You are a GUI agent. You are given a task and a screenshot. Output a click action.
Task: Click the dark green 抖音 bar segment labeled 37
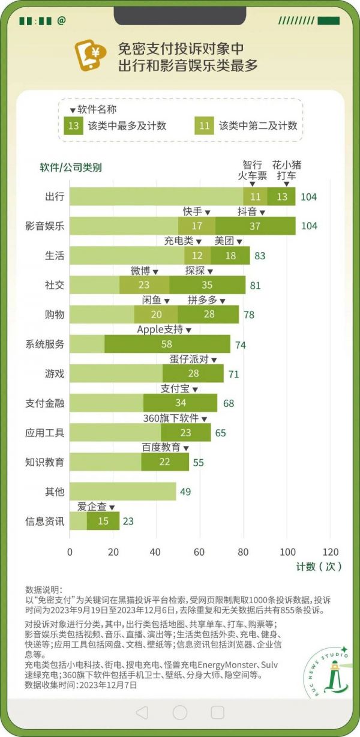(255, 226)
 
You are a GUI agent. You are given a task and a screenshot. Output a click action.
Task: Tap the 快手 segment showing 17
(197, 226)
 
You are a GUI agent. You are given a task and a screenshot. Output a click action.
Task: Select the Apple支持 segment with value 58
(167, 344)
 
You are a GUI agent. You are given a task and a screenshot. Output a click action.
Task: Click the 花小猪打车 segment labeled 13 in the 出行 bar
(281, 196)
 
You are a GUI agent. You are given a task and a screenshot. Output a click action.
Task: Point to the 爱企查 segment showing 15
(103, 521)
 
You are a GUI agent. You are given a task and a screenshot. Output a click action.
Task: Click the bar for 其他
(122, 492)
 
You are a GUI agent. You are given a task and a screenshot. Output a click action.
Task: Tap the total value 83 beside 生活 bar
(259, 256)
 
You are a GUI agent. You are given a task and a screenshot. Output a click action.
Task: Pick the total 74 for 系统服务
(240, 344)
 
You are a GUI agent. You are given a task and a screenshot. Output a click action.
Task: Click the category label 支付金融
(45, 403)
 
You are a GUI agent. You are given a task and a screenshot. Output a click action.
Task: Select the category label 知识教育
(45, 462)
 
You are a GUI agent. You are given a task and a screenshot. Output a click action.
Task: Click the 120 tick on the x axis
(330, 552)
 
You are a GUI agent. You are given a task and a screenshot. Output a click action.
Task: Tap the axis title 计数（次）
(318, 567)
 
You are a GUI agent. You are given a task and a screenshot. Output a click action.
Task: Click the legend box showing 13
(74, 125)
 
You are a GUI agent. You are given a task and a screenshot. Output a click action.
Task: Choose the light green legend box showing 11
(205, 125)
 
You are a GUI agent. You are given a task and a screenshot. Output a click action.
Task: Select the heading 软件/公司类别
(71, 167)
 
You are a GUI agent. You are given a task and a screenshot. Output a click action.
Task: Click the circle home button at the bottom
(180, 712)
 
